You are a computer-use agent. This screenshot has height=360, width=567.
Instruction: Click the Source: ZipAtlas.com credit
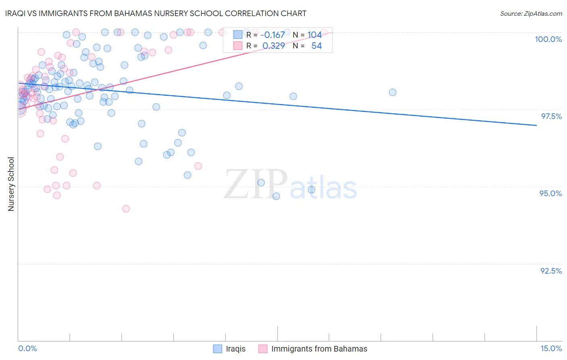pos(531,13)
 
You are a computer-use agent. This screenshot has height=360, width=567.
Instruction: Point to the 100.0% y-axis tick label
pos(548,39)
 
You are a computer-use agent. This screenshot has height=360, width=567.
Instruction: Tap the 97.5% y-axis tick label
pos(551,116)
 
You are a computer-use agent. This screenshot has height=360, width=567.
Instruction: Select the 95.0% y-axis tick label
pos(550,193)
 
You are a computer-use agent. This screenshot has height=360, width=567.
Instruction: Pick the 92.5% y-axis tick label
pos(551,271)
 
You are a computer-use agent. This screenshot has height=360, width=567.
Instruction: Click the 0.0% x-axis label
pos(27,348)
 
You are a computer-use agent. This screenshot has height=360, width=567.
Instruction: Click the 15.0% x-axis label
pos(551,348)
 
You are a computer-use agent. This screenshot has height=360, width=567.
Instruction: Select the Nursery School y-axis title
pos(11,184)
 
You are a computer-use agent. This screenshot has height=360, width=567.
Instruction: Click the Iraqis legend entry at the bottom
pos(236,349)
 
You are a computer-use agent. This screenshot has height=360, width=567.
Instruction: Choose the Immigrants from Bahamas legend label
pos(319,349)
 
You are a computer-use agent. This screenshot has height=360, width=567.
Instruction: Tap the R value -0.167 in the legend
pos(272,35)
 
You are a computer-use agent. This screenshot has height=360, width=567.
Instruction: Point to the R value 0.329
pos(273,46)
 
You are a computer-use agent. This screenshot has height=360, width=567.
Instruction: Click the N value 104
pos(315,35)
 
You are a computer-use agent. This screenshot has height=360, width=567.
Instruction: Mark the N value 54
pos(317,46)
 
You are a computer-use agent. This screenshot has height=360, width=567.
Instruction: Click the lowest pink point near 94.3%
pos(126,209)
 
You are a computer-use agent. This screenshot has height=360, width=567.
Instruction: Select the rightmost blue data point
pos(392,92)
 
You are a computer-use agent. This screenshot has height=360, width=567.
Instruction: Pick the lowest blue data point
pos(276,196)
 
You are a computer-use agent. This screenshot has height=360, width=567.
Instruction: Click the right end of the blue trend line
pos(536,126)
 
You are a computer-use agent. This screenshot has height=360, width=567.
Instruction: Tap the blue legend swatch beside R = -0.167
pos(238,35)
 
